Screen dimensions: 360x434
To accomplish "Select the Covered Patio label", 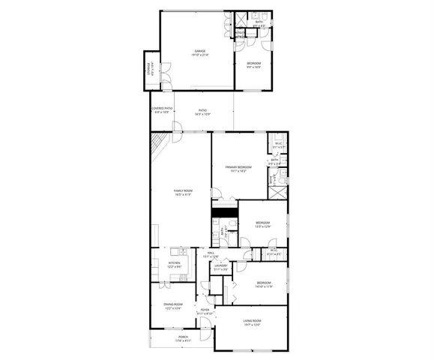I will [x=162, y=109].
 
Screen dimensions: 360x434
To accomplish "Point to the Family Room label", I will [x=181, y=193].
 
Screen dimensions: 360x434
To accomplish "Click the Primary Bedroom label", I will [x=238, y=166].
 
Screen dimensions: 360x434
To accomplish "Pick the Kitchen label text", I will [x=173, y=262].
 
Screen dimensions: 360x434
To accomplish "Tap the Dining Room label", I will [x=173, y=304].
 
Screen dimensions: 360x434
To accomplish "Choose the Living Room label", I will [x=252, y=321].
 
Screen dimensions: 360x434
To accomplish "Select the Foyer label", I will [x=205, y=310].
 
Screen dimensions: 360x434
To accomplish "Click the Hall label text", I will [x=211, y=253].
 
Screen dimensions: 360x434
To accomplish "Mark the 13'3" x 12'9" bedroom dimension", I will [x=262, y=226].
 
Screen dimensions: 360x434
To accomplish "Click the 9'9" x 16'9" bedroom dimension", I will [x=253, y=67].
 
